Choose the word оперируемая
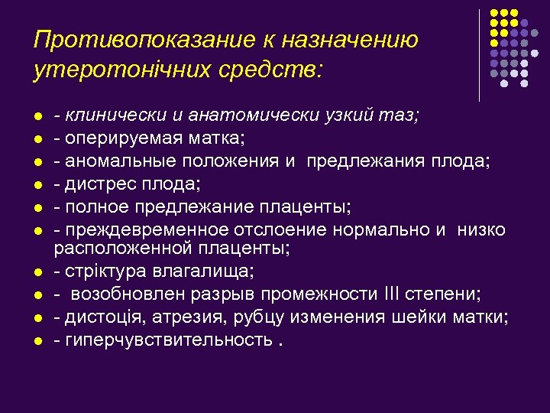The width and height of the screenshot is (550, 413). (x=114, y=138)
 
